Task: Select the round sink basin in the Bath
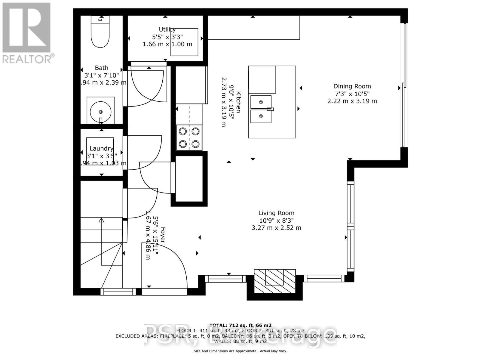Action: coord(100,111)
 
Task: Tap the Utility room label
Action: coord(167,29)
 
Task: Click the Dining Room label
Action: coord(352,86)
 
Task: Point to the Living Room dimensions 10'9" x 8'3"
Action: coord(276,220)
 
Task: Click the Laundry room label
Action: coord(101,148)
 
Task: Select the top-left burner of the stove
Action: coord(183,131)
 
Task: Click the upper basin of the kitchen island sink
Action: coord(261,102)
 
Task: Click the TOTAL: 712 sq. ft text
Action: coord(240,325)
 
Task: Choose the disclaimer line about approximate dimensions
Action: coord(240,351)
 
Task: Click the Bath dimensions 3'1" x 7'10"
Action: coord(101,75)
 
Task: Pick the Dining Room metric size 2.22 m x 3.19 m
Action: coord(352,101)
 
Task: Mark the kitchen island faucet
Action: coord(270,109)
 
